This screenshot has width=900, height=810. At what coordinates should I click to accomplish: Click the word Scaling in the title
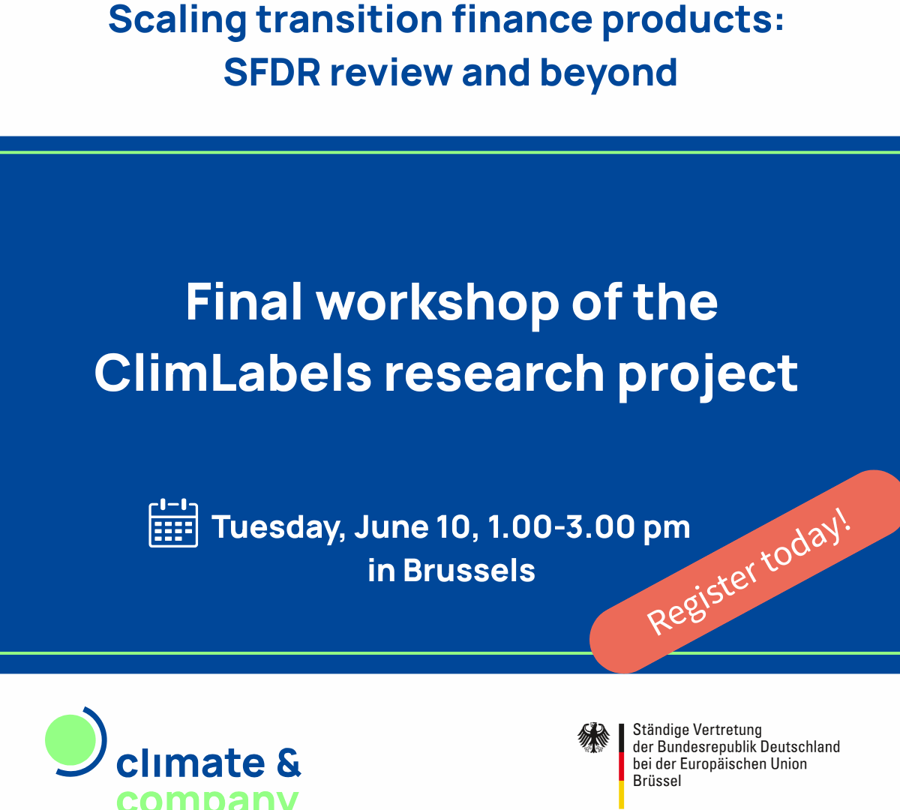[177, 21]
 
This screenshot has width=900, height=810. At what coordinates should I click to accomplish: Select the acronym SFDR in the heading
[272, 72]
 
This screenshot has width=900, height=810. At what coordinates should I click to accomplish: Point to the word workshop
[438, 304]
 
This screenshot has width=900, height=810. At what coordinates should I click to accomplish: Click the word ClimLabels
[232, 373]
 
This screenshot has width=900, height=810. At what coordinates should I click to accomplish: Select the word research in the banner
[494, 373]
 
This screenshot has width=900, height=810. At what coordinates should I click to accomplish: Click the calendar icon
[173, 523]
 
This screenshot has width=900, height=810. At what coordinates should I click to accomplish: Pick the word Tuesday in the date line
[278, 528]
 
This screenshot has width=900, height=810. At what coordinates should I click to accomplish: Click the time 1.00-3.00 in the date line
[560, 526]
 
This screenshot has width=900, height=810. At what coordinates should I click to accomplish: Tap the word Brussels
[469, 570]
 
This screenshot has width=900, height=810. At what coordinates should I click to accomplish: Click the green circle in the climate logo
[71, 739]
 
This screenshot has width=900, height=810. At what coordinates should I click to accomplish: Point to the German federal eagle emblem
[593, 737]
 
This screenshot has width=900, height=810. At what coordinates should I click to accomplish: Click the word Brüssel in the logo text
[657, 781]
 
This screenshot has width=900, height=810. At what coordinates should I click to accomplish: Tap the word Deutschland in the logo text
[800, 747]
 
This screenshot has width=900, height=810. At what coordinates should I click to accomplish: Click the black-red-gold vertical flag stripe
[622, 766]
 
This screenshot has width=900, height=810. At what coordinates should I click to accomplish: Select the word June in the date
[391, 526]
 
